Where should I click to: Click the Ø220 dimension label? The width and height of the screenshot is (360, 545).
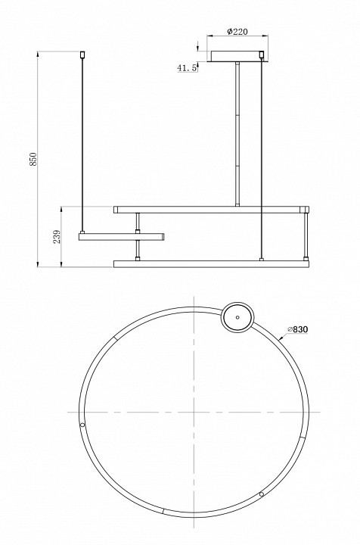(x=237, y=32)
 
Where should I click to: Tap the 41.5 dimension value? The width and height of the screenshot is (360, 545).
(x=187, y=68)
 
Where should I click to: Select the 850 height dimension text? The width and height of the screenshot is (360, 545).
(x=33, y=159)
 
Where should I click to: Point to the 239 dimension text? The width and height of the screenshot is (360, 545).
(x=57, y=236)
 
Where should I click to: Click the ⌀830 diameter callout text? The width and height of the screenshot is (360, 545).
(x=298, y=329)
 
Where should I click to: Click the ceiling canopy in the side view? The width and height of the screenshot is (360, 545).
(x=237, y=56)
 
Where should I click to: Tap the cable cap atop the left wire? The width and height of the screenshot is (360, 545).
(x=82, y=54)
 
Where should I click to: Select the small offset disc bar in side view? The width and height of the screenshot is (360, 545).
(x=122, y=237)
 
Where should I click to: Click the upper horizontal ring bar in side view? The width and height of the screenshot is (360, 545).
(x=211, y=210)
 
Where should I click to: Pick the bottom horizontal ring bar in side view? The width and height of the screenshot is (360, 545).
(x=211, y=264)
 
